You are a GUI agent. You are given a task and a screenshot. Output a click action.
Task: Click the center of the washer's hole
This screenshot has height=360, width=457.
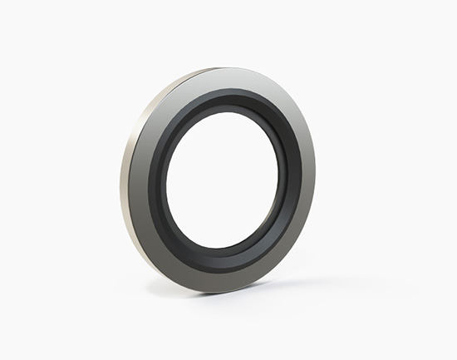tap(226, 179)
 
